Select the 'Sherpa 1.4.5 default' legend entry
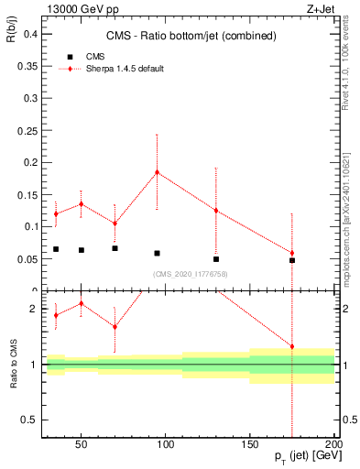125,69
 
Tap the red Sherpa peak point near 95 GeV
157,171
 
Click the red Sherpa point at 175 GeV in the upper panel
292,253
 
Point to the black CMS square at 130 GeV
216,259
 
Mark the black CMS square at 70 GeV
115,248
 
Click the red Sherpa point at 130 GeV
216,211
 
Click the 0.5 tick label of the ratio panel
28,420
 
